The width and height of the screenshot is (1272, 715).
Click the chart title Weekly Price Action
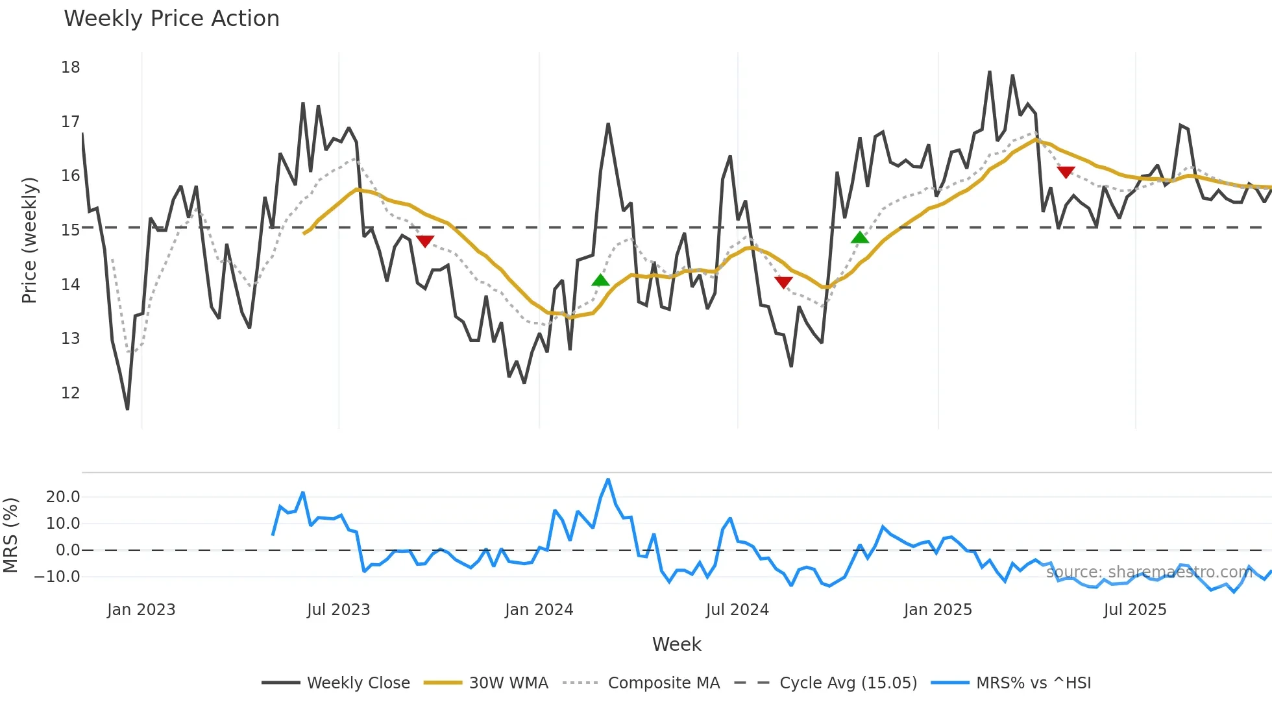pyautogui.click(x=171, y=19)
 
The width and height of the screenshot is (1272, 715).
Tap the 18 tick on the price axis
pyautogui.click(x=71, y=67)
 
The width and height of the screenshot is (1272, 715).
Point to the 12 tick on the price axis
pyautogui.click(x=71, y=393)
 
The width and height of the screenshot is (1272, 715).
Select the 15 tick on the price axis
pyautogui.click(x=71, y=230)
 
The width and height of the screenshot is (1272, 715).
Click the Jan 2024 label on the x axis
pyautogui.click(x=539, y=610)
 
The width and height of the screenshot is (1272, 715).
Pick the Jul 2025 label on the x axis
pyautogui.click(x=1134, y=610)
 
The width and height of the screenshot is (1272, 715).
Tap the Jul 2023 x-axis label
pyautogui.click(x=338, y=610)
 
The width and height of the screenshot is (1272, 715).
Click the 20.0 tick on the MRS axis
pyautogui.click(x=63, y=497)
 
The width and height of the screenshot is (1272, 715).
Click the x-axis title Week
pyautogui.click(x=676, y=644)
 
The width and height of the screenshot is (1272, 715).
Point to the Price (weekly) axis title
pyautogui.click(x=30, y=240)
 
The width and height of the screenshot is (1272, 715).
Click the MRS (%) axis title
pyautogui.click(x=11, y=535)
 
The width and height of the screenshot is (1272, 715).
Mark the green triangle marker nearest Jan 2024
pyautogui.click(x=600, y=280)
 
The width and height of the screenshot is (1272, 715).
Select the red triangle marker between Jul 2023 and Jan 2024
pyautogui.click(x=424, y=241)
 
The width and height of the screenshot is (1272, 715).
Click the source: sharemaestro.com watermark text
pyautogui.click(x=1149, y=572)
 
